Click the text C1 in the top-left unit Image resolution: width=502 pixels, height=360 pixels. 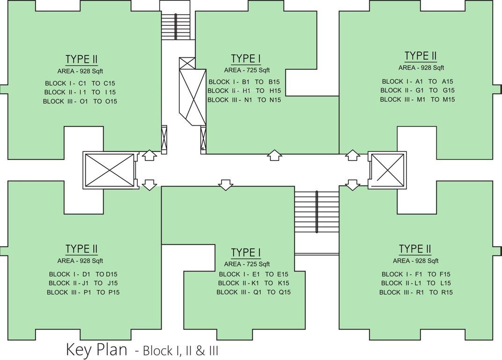coord(84,83)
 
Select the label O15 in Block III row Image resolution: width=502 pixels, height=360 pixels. coord(111,101)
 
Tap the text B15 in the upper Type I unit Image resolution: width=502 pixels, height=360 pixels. coord(274,82)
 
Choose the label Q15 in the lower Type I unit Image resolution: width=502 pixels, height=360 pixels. coord(285,292)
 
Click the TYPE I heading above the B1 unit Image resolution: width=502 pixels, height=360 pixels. coord(246,59)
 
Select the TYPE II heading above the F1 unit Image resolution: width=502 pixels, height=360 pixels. coord(415,249)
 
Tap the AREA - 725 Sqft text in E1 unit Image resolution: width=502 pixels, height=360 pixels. coord(250,264)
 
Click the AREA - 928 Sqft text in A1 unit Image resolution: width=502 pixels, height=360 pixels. coord(421,67)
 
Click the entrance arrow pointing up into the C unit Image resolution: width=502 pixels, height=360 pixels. coord(149,155)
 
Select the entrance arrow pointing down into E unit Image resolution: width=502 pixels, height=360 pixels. coord(226,185)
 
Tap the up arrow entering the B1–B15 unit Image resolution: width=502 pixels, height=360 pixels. coord(274,155)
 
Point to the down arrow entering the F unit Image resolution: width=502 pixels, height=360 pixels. coord(352,185)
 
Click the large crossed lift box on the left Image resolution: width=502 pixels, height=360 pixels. coord(109,170)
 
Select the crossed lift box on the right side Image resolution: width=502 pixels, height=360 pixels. coord(387,170)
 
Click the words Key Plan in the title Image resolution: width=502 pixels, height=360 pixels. coord(96,350)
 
